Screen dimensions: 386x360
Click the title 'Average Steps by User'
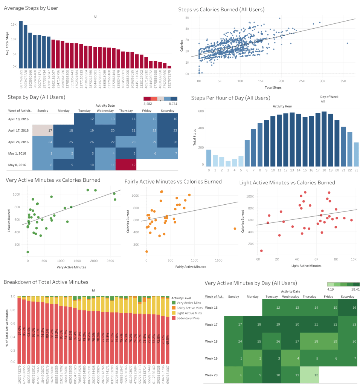tap(31, 8)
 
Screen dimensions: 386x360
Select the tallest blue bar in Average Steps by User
tap(21, 44)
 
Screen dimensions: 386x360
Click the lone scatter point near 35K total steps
tap(347, 43)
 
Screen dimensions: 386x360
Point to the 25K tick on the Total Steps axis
tap(301, 81)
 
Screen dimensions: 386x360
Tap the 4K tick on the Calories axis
tap(187, 29)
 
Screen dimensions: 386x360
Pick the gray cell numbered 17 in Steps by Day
tap(42, 130)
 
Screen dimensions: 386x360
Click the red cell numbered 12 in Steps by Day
tap(126, 165)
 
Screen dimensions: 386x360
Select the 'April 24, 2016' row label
tap(18, 142)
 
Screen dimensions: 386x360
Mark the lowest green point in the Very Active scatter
tap(28, 252)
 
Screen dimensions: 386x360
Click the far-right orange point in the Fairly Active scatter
tap(235, 228)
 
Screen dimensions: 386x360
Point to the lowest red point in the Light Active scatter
tap(261, 251)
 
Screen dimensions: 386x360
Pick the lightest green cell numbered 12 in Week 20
tap(309, 375)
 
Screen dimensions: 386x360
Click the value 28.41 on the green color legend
tap(355, 289)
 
